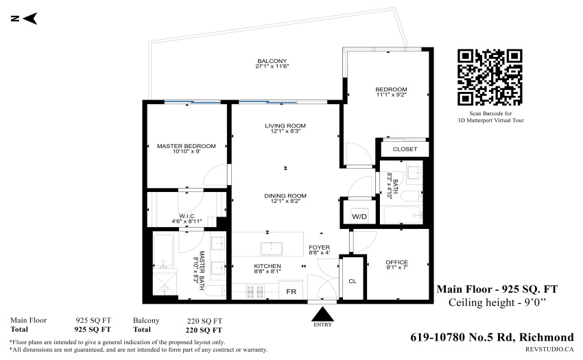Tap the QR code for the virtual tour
click(490, 77)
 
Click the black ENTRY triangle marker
click(322, 313)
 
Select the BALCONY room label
click(272, 61)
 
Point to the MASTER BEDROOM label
click(187, 146)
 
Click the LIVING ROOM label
click(285, 125)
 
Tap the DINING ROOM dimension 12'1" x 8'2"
click(285, 201)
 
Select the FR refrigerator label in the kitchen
click(291, 292)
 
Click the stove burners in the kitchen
click(255, 291)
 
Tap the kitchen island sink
click(272, 248)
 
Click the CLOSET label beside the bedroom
click(405, 149)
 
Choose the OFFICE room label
click(396, 262)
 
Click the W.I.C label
click(187, 216)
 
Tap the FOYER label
click(320, 248)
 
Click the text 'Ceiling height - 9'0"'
click(497, 302)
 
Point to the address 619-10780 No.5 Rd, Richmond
click(492, 337)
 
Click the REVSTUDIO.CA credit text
click(549, 349)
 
